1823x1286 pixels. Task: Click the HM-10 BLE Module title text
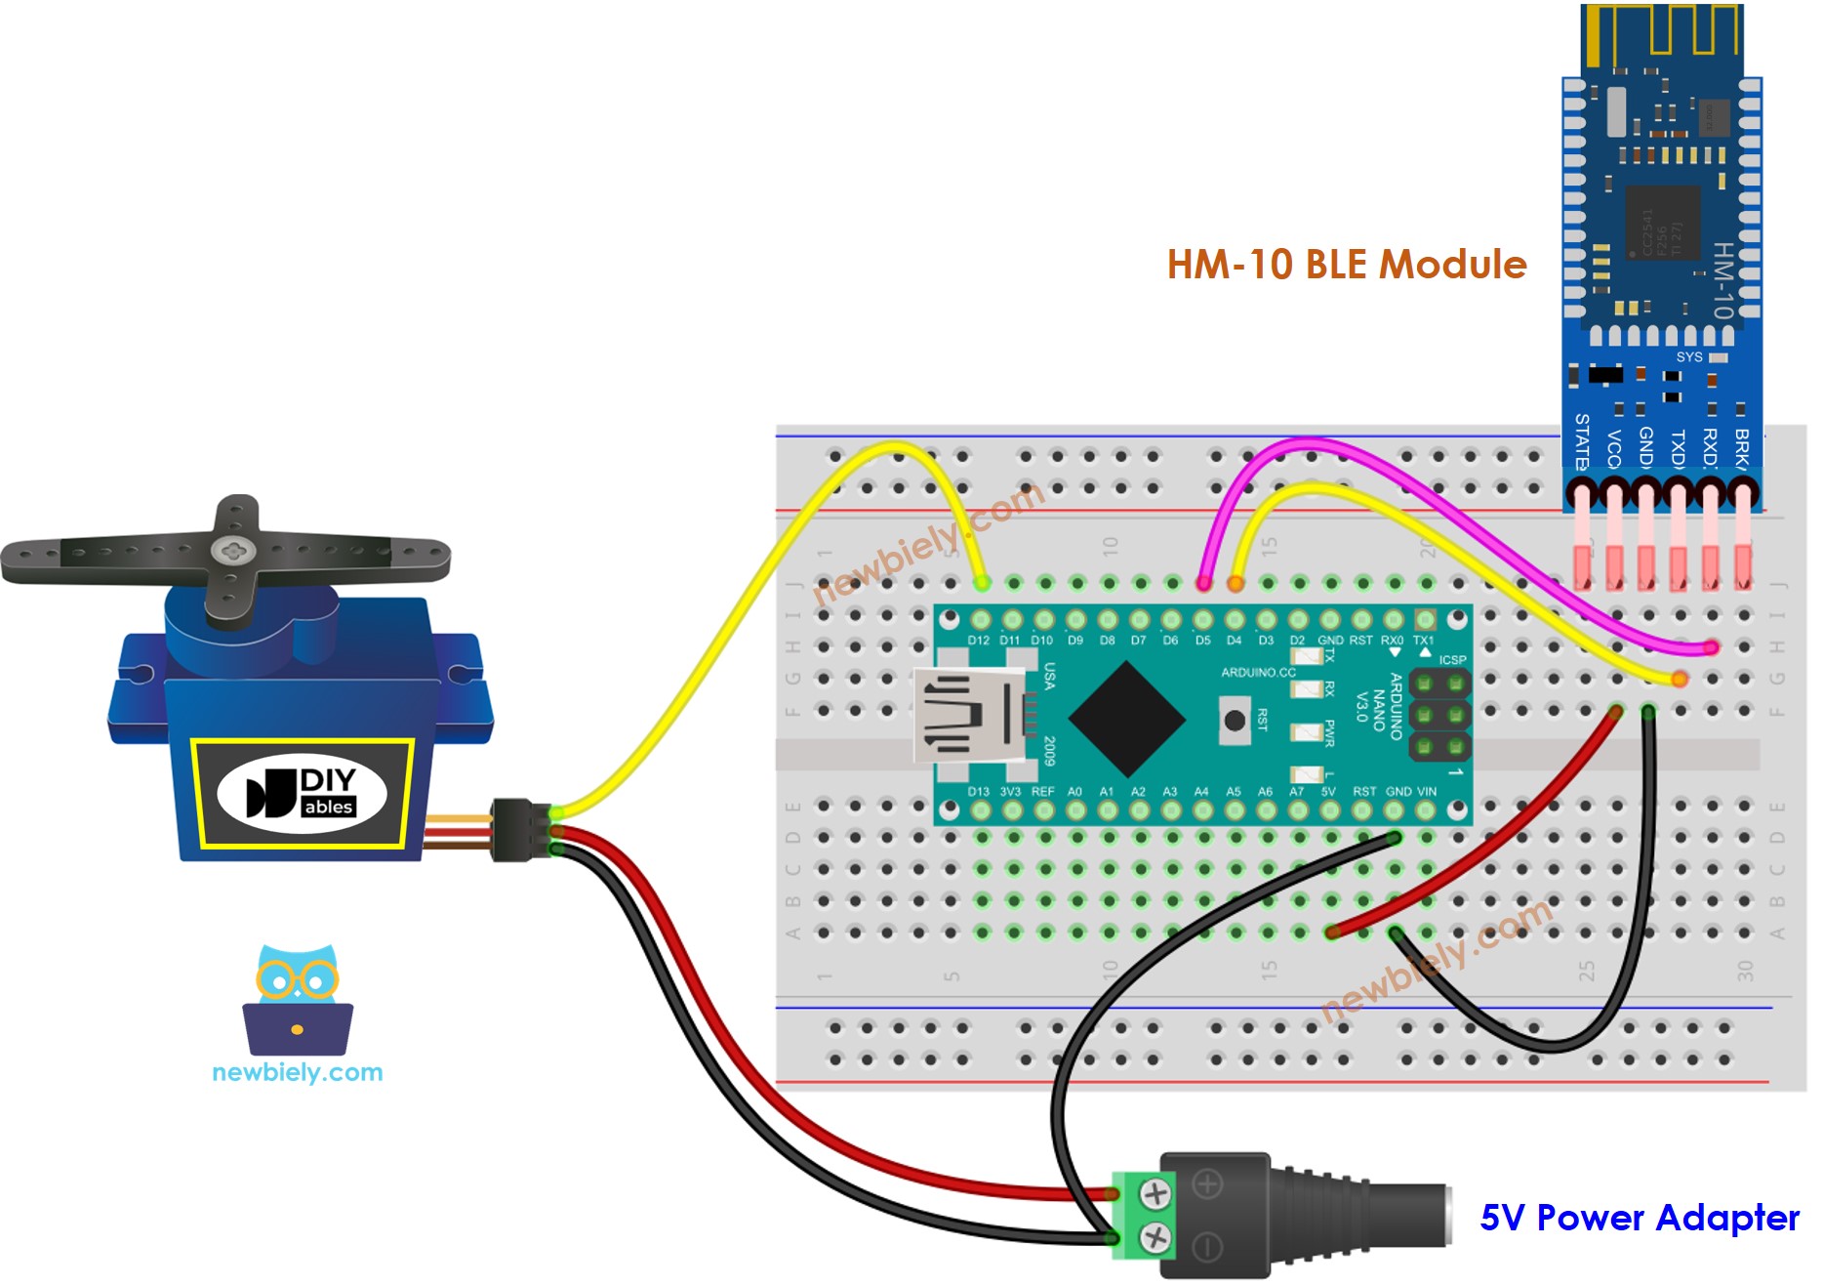point(1347,265)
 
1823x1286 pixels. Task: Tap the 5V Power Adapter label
point(1640,1218)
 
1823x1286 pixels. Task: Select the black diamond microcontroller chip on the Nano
point(1126,720)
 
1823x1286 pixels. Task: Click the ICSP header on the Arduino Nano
point(1439,715)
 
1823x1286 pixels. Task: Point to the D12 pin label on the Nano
point(979,641)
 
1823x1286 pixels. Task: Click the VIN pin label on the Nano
point(1426,791)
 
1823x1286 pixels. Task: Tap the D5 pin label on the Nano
point(1202,641)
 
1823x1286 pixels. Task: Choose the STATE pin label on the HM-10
point(1582,441)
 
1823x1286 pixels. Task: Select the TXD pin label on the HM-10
point(1678,448)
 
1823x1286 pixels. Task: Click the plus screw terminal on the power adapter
point(1155,1193)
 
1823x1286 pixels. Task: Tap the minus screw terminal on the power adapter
point(1155,1238)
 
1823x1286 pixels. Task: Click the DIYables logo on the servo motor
point(303,793)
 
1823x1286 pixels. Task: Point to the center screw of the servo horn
point(233,552)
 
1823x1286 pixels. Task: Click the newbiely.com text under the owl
point(298,1072)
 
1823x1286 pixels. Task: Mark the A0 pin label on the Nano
point(1074,791)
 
